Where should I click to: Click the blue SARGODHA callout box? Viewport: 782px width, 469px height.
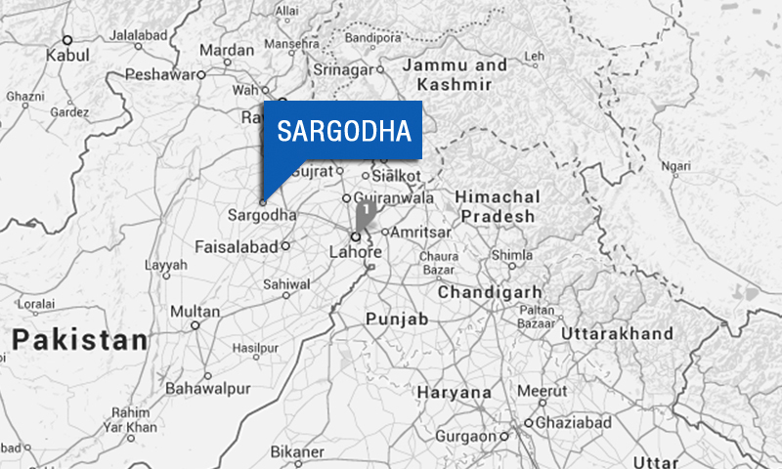(x=344, y=130)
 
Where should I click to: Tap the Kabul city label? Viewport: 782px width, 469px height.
(x=66, y=57)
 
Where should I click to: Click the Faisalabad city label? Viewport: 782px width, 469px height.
(x=237, y=246)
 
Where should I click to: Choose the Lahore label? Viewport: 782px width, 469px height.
(x=353, y=253)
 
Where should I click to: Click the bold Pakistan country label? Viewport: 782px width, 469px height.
(x=80, y=341)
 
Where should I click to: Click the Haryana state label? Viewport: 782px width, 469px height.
(x=454, y=393)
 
